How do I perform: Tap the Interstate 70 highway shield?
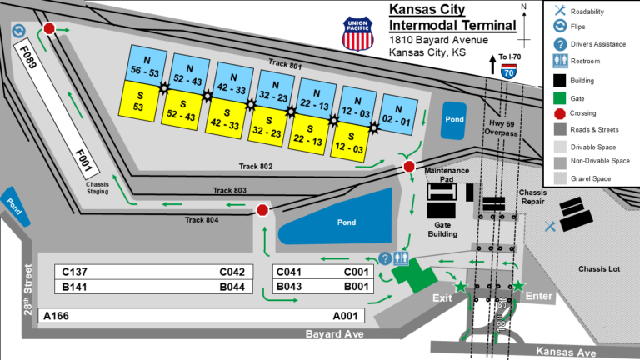[507, 72]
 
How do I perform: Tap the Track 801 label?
[286, 63]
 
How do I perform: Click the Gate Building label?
[442, 229]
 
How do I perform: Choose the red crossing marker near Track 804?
[262, 210]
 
